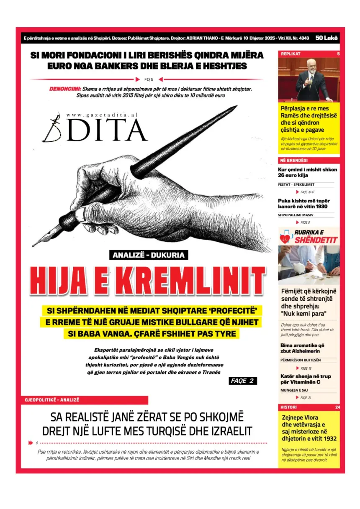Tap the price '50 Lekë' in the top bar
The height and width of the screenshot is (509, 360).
tap(327, 38)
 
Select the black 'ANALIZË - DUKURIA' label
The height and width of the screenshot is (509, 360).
tap(148, 255)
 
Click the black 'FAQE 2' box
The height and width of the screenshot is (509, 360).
tap(243, 381)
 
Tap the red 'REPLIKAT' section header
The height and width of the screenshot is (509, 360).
tap(291, 54)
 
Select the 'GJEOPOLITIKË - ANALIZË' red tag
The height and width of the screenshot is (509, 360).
tap(52, 400)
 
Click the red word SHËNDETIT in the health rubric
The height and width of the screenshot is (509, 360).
tap(316, 240)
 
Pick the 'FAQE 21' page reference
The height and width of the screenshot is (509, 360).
tap(305, 397)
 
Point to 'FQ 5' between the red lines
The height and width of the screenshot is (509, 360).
tap(149, 79)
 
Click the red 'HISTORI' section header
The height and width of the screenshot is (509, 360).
tap(289, 407)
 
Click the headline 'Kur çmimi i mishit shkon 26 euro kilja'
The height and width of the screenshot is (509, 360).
tap(307, 172)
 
